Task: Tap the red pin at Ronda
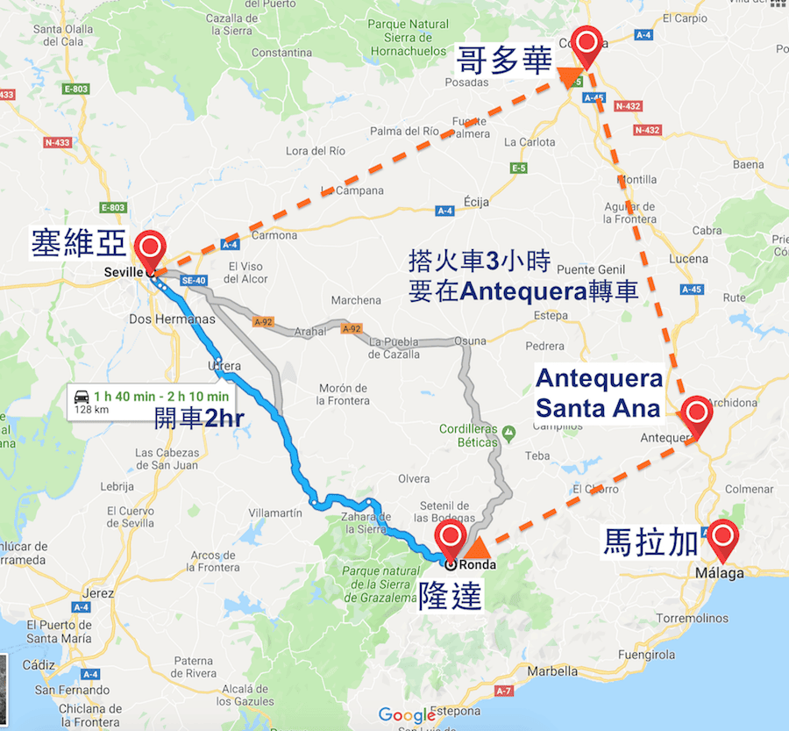tap(451, 537)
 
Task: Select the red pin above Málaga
tap(723, 536)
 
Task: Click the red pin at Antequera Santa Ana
tap(696, 412)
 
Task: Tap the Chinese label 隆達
tap(451, 597)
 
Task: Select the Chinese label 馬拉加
tap(650, 541)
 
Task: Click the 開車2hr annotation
tap(199, 418)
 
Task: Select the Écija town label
tap(479, 197)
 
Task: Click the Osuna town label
tap(470, 341)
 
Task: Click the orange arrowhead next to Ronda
tap(478, 549)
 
